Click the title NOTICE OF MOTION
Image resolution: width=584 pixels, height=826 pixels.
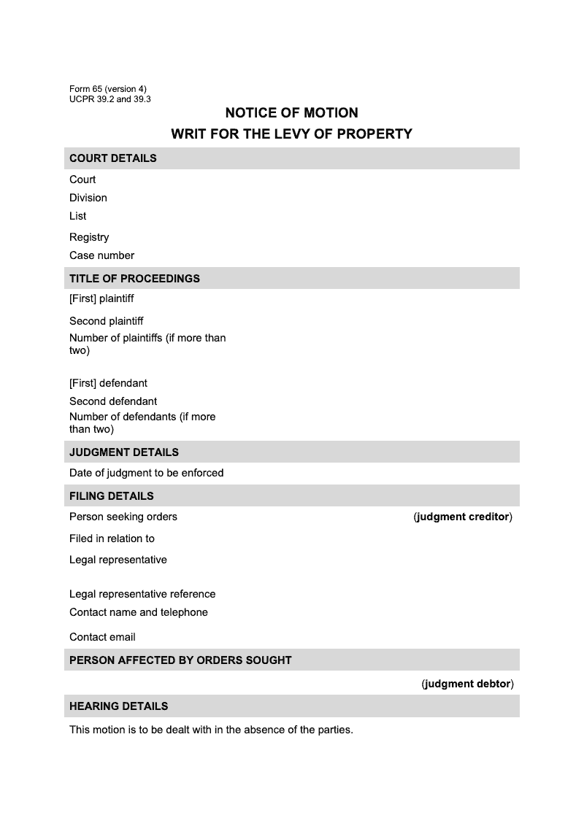(291, 113)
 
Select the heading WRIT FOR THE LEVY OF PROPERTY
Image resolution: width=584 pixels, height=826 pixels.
(291, 134)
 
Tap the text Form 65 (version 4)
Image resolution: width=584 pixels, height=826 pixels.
(108, 89)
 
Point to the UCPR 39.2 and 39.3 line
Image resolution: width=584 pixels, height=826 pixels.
(110, 99)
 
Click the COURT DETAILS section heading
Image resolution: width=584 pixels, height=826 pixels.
(113, 158)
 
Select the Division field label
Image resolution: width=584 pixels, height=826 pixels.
(88, 198)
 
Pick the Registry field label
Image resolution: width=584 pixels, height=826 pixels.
(89, 237)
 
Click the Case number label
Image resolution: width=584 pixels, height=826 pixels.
(101, 255)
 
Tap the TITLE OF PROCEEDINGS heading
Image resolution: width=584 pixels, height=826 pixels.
(134, 279)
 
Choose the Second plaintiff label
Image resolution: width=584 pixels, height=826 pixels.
(106, 321)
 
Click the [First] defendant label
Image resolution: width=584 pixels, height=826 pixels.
(108, 383)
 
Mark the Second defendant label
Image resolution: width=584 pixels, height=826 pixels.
(113, 401)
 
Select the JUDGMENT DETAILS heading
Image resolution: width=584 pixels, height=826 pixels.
(124, 452)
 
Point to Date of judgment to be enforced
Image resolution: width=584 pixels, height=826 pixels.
(146, 473)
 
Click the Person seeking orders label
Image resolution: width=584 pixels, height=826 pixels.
(123, 517)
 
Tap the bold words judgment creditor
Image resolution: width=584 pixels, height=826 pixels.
(463, 517)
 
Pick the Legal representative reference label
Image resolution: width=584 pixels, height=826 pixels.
(142, 594)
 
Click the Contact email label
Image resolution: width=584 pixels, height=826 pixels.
(102, 637)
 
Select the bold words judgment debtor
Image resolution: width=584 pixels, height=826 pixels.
(468, 684)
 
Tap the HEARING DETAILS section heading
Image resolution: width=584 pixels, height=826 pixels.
(119, 706)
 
